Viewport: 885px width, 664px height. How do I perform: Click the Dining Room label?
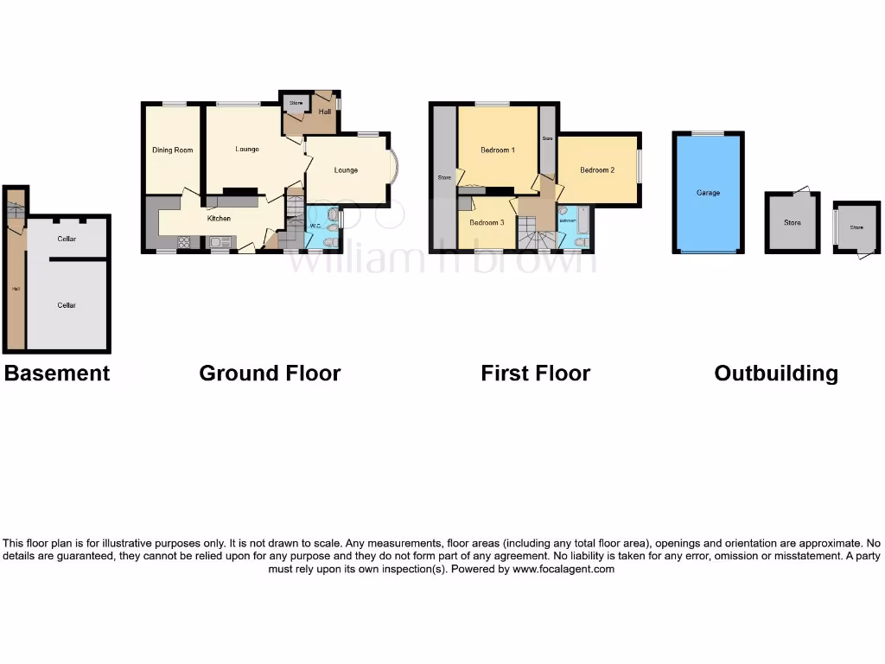pyautogui.click(x=172, y=150)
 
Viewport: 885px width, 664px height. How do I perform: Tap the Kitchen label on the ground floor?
pyautogui.click(x=219, y=219)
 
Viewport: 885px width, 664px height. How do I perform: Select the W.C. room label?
pyautogui.click(x=315, y=227)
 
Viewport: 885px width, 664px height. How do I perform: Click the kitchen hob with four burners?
pyautogui.click(x=185, y=242)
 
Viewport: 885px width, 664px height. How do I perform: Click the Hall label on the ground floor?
pyautogui.click(x=325, y=112)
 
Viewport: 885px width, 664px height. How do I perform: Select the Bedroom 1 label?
pyautogui.click(x=498, y=150)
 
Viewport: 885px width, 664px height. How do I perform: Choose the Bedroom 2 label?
pyautogui.click(x=597, y=170)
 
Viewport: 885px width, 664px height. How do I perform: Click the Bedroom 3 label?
pyautogui.click(x=487, y=223)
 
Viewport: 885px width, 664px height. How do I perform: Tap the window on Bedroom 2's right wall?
pyautogui.click(x=640, y=167)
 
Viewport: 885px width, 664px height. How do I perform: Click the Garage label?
pyautogui.click(x=708, y=193)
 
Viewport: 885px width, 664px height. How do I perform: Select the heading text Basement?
pyautogui.click(x=57, y=373)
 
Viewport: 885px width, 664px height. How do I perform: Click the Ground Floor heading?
pyautogui.click(x=270, y=373)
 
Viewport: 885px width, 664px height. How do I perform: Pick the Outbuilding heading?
pyautogui.click(x=776, y=373)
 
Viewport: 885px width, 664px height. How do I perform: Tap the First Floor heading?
pyautogui.click(x=535, y=373)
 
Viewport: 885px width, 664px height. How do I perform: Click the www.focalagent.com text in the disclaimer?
pyautogui.click(x=563, y=570)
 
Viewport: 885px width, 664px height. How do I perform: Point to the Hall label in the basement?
pyautogui.click(x=15, y=289)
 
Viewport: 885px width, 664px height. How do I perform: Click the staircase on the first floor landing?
pyautogui.click(x=536, y=232)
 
